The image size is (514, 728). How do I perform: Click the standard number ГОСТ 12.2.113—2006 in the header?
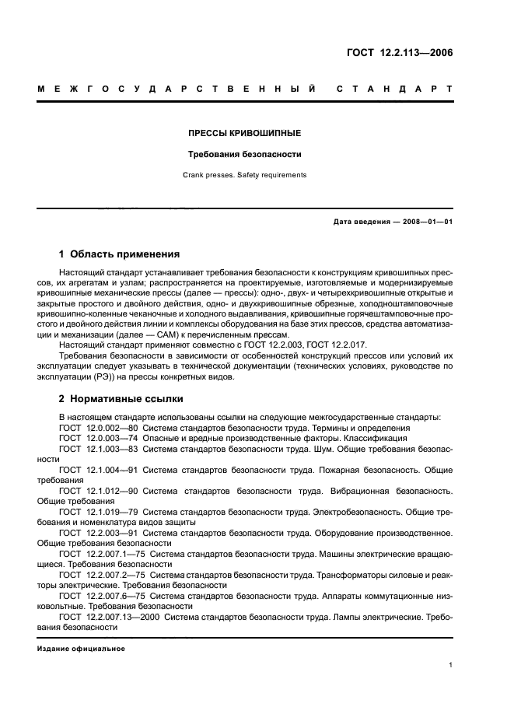399,54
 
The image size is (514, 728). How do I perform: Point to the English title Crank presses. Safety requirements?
245,175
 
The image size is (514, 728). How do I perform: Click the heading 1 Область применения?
120,254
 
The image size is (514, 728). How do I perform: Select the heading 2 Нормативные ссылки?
121,399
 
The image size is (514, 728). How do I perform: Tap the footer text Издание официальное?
81,648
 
